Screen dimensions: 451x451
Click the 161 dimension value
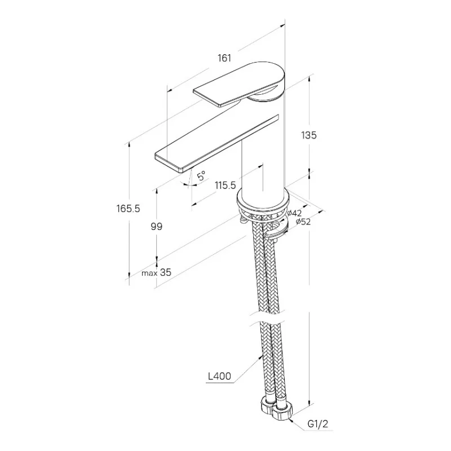224,58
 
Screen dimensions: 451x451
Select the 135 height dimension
309,135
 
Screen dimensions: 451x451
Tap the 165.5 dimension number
129,209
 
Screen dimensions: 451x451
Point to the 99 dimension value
157,227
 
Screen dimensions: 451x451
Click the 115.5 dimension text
225,185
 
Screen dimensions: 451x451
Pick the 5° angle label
201,176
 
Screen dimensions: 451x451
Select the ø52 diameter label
301,222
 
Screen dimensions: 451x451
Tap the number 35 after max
165,273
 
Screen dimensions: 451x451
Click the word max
149,273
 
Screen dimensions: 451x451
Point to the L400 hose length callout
219,375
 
